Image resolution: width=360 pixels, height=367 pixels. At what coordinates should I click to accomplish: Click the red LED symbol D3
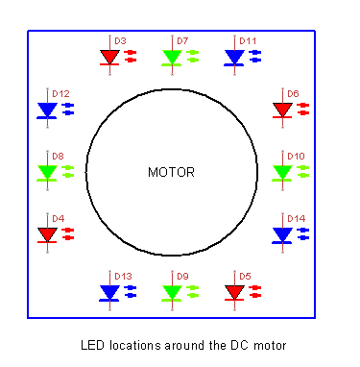click(x=109, y=57)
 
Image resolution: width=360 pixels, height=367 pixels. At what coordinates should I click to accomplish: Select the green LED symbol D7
click(x=172, y=57)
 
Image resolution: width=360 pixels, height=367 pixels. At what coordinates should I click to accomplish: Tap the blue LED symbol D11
click(x=234, y=57)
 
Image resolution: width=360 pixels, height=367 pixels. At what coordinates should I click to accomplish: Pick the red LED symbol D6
click(x=281, y=110)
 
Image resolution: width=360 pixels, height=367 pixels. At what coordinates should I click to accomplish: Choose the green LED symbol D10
click(x=281, y=171)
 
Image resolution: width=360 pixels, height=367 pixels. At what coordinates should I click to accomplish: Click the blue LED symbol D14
click(x=281, y=233)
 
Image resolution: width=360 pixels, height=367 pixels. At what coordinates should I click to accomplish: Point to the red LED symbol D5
click(x=234, y=291)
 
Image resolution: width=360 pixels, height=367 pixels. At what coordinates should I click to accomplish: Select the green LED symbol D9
click(x=172, y=291)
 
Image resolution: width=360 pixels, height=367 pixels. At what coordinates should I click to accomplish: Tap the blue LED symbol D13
click(x=109, y=291)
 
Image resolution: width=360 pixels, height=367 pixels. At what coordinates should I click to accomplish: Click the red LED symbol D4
click(x=47, y=233)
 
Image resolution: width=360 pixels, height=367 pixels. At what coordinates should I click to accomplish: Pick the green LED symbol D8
click(x=47, y=171)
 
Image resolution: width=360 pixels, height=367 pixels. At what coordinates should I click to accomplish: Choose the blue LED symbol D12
click(x=47, y=110)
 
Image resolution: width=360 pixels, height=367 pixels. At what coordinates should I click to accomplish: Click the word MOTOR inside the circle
click(x=171, y=173)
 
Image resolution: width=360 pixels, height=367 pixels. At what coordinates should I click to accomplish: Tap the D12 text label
click(x=61, y=93)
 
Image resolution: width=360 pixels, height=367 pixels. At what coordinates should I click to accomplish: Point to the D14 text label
click(x=296, y=218)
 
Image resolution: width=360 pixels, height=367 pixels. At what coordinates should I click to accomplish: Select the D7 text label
click(x=182, y=41)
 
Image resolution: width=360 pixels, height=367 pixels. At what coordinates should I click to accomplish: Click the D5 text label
click(x=245, y=276)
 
